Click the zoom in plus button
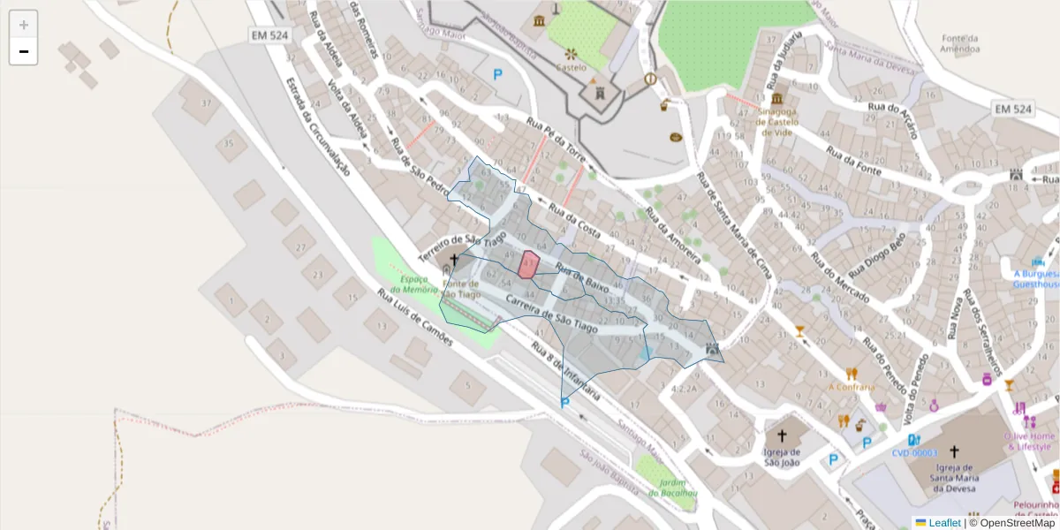24,25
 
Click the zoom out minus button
24,52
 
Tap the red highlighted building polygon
528,264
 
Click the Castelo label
570,67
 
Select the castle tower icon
599,92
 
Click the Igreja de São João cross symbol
781,435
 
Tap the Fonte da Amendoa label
960,44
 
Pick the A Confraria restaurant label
852,387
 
